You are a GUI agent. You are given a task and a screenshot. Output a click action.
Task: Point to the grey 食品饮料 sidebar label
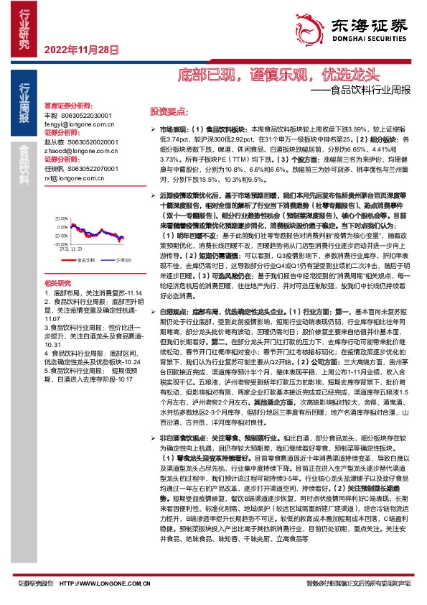[25, 168]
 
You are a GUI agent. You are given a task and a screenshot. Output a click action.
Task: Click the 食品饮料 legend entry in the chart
[85, 259]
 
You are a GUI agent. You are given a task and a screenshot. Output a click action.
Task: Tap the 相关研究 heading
[58, 284]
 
